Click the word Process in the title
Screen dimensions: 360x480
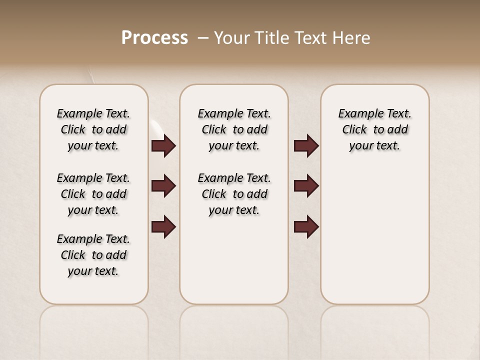[x=154, y=38]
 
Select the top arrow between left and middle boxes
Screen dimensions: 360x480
[x=163, y=146]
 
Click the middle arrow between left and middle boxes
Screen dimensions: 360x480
[x=163, y=186]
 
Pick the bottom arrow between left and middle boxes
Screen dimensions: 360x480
[x=163, y=227]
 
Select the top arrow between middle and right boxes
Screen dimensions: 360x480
[x=306, y=146]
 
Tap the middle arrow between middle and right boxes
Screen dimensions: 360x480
[x=306, y=186]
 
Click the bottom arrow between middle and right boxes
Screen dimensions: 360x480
[x=306, y=227]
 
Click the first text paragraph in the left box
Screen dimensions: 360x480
[x=93, y=129]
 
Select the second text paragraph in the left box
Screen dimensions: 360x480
[x=93, y=194]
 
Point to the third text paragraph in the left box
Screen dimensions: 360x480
[x=93, y=255]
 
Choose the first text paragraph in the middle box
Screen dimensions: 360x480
[x=234, y=129]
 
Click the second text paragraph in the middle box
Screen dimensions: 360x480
[x=234, y=194]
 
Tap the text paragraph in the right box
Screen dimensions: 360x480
[x=374, y=129]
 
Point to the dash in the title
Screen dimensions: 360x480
[x=203, y=38]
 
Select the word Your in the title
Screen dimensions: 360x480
[x=231, y=38]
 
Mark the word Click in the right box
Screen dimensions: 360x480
[x=354, y=130]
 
